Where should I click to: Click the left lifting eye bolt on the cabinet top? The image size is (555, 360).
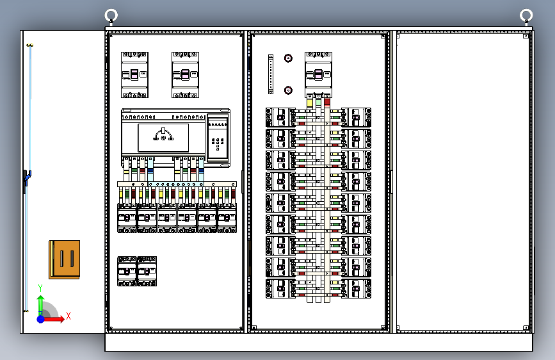111,15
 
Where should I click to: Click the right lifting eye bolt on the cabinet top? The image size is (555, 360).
526,15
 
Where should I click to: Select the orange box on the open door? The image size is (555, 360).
64,259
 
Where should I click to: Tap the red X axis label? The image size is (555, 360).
68,316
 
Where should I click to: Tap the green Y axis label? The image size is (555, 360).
40,288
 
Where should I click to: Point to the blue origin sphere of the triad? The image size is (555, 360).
41,318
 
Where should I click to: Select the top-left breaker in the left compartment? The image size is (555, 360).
134,74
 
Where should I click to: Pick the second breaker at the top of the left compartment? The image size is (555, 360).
185,74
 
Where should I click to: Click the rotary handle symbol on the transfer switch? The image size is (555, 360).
163,135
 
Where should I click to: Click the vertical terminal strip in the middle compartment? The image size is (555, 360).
271,74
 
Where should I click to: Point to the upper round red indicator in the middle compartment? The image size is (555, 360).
288,59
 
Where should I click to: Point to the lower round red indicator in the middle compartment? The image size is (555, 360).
288,90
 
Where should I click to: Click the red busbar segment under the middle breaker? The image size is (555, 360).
327,102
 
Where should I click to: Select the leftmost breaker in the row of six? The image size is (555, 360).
126,218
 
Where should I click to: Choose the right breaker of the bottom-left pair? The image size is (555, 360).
147,271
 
